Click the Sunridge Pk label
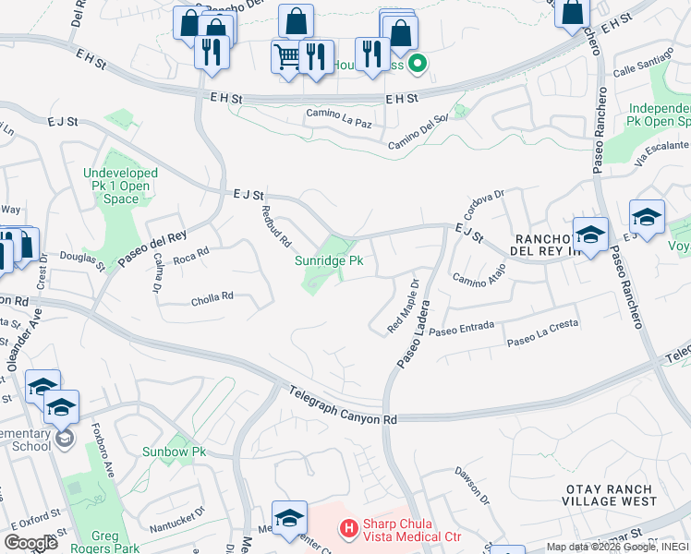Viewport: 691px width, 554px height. point(329,261)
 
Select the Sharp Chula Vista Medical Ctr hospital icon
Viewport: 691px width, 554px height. point(348,528)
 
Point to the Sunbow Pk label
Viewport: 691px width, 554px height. point(174,452)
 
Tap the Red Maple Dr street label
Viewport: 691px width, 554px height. point(404,307)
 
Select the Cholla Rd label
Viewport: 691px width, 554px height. point(212,297)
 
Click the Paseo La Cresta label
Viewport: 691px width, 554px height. point(542,341)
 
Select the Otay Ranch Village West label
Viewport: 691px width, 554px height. point(610,494)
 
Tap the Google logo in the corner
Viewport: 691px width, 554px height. point(31,543)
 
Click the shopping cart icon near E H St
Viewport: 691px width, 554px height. point(286,56)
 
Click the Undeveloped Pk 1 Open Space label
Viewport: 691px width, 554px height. point(120,186)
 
